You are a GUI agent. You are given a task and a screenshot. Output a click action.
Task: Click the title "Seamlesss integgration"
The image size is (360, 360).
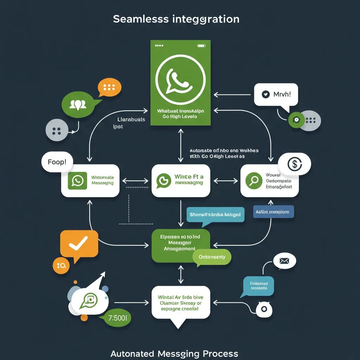[176, 19]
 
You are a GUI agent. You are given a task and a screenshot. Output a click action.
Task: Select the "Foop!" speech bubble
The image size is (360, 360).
[57, 162]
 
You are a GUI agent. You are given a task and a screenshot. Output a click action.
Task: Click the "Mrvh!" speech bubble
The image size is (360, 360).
[276, 94]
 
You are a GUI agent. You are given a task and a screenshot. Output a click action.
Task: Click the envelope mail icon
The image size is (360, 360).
[284, 261]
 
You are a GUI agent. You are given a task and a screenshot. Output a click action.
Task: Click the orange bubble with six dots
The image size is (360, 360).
[109, 87]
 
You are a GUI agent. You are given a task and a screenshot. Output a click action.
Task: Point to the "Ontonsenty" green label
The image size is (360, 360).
[212, 257]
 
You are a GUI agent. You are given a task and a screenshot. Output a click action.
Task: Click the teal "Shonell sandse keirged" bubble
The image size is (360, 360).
[215, 214]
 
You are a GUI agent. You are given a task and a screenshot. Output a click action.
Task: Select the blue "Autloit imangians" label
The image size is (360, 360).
[273, 212]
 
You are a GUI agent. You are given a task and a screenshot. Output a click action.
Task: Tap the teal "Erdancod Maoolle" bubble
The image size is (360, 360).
[258, 285]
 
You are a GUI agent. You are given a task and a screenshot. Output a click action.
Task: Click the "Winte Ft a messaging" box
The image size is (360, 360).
[181, 180]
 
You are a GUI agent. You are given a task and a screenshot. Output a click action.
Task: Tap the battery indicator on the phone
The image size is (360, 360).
[201, 45]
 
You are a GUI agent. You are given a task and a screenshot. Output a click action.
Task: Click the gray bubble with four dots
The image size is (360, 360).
[56, 131]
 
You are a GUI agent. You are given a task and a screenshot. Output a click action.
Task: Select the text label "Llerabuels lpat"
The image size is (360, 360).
[131, 123]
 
